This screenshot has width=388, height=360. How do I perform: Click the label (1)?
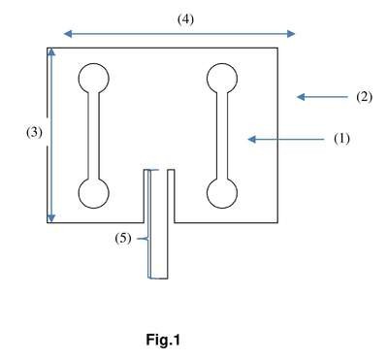[341, 139]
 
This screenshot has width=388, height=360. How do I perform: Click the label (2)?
[364, 97]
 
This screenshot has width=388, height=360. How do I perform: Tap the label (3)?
[34, 132]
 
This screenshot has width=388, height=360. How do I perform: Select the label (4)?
[185, 19]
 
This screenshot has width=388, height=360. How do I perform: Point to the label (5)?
[123, 239]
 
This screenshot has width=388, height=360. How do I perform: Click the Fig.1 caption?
[163, 340]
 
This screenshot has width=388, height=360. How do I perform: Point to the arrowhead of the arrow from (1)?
[252, 139]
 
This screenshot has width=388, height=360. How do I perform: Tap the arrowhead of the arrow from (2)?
[301, 96]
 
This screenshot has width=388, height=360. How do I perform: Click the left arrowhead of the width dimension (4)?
[67, 34]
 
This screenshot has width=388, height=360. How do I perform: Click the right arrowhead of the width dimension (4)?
[291, 34]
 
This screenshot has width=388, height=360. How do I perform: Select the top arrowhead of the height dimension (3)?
[51, 52]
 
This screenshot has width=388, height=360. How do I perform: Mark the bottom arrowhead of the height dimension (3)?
[51, 218]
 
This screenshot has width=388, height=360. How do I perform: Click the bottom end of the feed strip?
[158, 278]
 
